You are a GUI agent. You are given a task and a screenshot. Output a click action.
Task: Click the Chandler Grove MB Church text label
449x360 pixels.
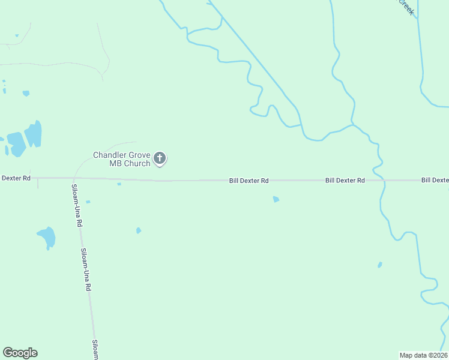point(121,159)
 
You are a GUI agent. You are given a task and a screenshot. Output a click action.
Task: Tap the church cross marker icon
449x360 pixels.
point(160,158)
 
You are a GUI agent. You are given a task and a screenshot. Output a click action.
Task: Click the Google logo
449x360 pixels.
point(20,353)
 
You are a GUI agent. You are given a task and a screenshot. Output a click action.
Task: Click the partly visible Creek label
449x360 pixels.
point(406,7)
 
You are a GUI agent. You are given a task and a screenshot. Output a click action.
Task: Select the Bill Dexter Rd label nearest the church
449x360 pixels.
point(249,180)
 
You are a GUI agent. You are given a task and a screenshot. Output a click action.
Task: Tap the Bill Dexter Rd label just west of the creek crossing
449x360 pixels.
point(345,180)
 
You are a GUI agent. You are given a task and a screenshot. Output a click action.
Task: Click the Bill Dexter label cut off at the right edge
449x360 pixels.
point(435,180)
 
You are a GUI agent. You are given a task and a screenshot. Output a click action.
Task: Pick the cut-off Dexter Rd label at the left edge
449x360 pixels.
point(16,178)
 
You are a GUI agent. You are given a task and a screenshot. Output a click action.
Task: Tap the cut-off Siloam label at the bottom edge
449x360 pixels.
point(95,350)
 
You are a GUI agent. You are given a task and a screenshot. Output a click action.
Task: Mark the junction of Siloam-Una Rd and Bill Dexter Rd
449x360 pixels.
point(73,178)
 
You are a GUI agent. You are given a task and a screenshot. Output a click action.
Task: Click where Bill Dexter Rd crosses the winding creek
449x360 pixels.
point(383,180)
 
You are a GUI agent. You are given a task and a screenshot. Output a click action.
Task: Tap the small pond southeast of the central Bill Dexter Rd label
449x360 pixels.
point(276,199)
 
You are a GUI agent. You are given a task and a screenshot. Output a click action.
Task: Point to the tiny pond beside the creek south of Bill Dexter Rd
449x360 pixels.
point(379,265)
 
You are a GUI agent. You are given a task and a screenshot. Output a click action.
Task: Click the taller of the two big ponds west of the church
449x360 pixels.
point(34,134)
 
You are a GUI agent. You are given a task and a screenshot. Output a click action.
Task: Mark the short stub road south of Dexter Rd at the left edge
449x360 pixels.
point(37,183)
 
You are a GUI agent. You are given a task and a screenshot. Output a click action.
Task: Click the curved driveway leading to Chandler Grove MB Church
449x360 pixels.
point(96,149)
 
